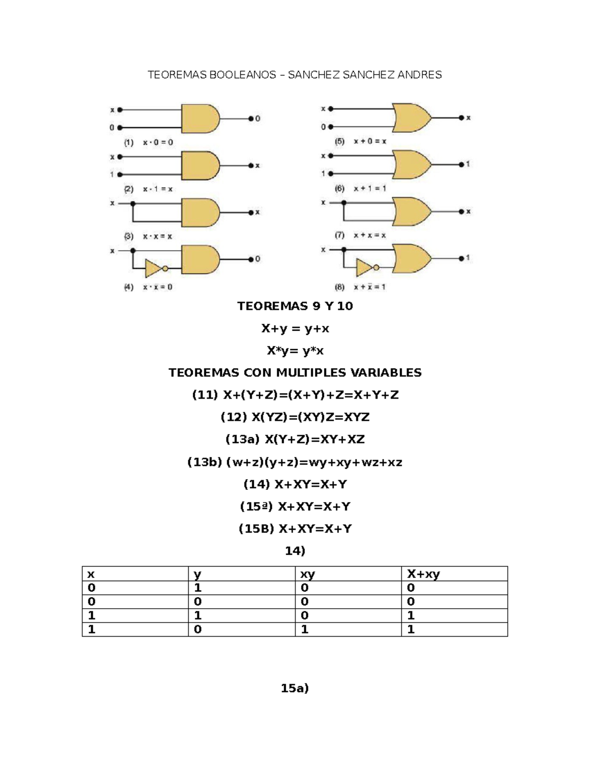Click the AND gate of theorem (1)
click(x=200, y=119)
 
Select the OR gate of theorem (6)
click(x=412, y=165)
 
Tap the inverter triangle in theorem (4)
click(x=153, y=269)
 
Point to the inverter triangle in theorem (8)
click(x=364, y=268)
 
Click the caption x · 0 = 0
click(x=158, y=142)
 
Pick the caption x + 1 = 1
click(x=370, y=189)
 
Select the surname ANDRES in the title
click(x=419, y=75)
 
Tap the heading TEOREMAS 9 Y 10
click(x=295, y=306)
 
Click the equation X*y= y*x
click(x=295, y=350)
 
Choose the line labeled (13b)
click(x=295, y=462)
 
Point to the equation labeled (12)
click(x=295, y=417)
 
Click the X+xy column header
click(x=423, y=574)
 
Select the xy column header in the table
click(x=307, y=575)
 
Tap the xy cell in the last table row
click(x=305, y=629)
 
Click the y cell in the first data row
click(x=198, y=588)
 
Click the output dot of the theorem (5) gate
click(x=461, y=118)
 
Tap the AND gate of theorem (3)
click(x=200, y=212)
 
